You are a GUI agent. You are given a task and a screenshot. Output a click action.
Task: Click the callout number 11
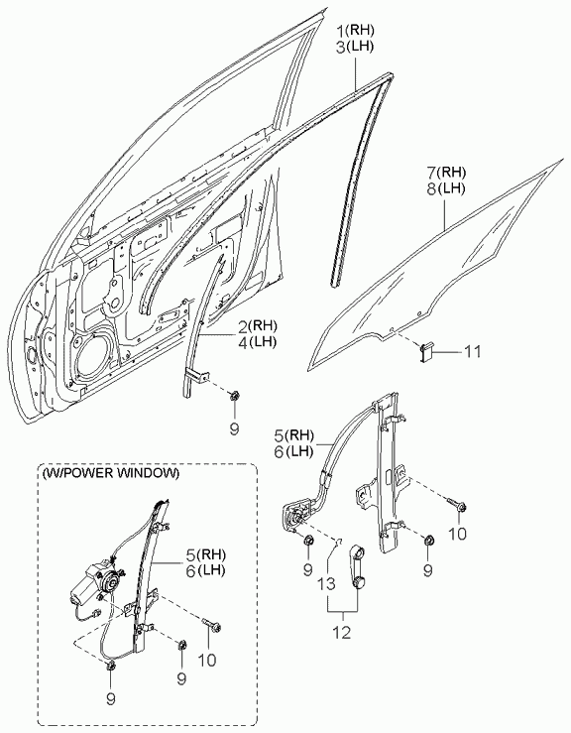click(472, 351)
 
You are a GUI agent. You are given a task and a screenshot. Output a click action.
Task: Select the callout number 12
click(342, 633)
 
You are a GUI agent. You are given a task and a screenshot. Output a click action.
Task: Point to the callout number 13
click(327, 584)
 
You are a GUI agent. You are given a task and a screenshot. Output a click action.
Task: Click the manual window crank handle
click(359, 566)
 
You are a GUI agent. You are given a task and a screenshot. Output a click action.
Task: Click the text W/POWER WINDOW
click(111, 473)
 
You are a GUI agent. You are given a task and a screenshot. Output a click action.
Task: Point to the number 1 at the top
click(343, 31)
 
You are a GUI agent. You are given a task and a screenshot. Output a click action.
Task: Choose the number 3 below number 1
click(342, 48)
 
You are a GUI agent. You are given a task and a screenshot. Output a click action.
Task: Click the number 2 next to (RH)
click(243, 325)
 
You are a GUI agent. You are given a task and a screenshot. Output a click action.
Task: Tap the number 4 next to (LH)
click(243, 342)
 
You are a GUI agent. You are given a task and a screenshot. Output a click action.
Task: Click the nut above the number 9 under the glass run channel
click(233, 397)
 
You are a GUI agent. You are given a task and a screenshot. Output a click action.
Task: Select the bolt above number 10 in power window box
click(212, 625)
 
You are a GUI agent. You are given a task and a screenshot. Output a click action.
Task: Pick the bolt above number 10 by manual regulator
click(458, 505)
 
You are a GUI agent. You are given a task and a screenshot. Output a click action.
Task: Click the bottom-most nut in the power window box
click(111, 668)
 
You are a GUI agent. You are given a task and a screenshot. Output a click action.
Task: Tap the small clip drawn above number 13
click(339, 542)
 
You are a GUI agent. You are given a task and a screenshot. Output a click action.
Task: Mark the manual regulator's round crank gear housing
click(296, 517)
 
